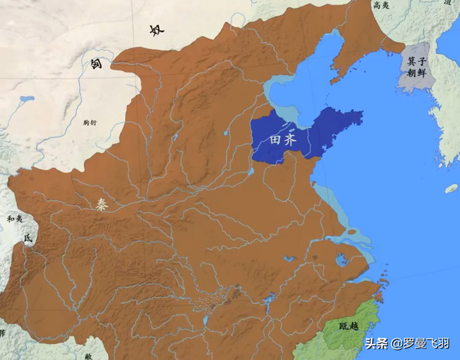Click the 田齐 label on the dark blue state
pos(282,140)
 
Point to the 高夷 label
pos(381,6)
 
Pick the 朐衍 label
pos(89,123)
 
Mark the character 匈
pos(95,65)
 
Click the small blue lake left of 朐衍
pos(27,98)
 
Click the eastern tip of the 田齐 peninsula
pos(359,115)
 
